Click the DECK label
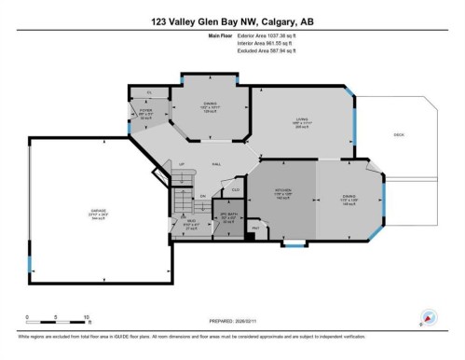coord(399,135)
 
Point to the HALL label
coord(216,164)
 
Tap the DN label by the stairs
coord(202,195)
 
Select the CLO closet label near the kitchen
coord(237,189)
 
